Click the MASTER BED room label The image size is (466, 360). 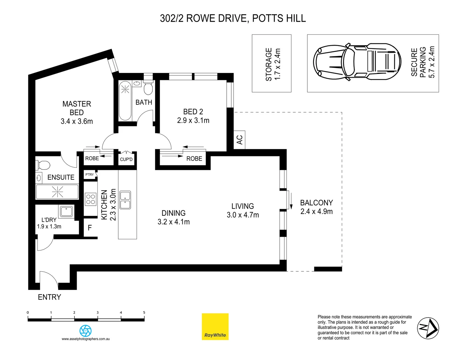click(77, 108)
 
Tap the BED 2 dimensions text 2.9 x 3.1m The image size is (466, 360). click(193, 121)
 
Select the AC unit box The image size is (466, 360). click(239, 140)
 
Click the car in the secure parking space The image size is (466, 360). click(357, 62)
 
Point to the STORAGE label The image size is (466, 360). click(269, 64)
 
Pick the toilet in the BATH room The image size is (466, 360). click(148, 88)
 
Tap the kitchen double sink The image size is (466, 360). click(125, 200)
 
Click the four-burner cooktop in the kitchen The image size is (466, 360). click(91, 199)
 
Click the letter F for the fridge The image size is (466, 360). click(90, 228)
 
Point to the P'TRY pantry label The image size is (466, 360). click(89, 175)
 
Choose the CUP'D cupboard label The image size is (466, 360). click(126, 159)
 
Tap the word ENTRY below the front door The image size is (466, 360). click(49, 297)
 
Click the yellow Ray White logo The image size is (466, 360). click(215, 327)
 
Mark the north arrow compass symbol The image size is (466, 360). click(428, 328)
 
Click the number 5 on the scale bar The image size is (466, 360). click(144, 313)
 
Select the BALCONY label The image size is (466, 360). click(316, 203)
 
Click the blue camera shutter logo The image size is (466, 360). click(85, 331)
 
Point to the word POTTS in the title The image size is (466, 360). click(266, 18)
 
